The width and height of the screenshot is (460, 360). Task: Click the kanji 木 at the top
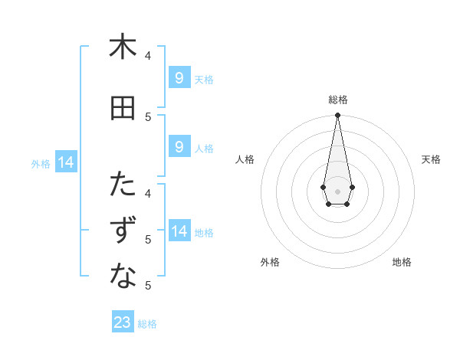(x=123, y=47)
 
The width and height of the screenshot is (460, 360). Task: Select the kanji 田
(x=123, y=108)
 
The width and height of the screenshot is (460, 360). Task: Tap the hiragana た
(x=123, y=185)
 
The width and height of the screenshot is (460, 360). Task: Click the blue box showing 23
(x=123, y=322)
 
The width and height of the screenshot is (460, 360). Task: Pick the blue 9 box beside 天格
(x=179, y=78)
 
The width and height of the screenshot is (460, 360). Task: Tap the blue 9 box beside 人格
(x=179, y=147)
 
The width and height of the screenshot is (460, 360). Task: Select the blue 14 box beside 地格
(x=179, y=231)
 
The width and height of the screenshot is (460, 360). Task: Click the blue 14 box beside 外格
(x=65, y=162)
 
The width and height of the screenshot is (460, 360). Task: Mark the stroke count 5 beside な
(x=148, y=286)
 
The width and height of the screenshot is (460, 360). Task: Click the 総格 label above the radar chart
(x=337, y=100)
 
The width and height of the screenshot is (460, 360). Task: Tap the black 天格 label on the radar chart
(x=431, y=159)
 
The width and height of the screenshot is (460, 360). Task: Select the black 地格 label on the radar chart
(x=402, y=262)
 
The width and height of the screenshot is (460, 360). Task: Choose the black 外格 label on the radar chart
(x=270, y=262)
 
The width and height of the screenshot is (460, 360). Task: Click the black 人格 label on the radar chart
(x=245, y=159)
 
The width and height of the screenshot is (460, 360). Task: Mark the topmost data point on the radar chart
(x=337, y=116)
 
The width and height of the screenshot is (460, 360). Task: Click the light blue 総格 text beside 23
(x=147, y=323)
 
